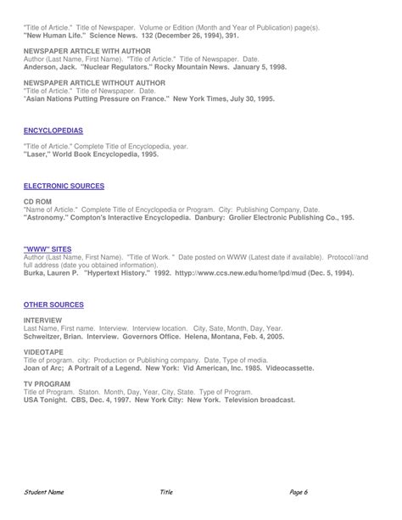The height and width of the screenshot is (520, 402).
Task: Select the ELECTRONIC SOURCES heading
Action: pos(64,185)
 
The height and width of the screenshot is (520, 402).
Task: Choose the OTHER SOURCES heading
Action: pos(53,304)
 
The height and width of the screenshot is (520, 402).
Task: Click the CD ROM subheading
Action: pos(37,201)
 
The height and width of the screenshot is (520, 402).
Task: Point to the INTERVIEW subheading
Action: pos(43,320)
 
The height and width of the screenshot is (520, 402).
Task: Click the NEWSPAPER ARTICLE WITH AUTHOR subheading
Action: pos(87,51)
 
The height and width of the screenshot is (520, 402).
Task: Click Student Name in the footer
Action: pos(44,492)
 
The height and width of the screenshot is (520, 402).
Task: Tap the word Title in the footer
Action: pos(166,492)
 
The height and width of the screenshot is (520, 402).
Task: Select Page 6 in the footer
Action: pos(298,492)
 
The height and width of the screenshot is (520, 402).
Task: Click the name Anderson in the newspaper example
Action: pos(42,66)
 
